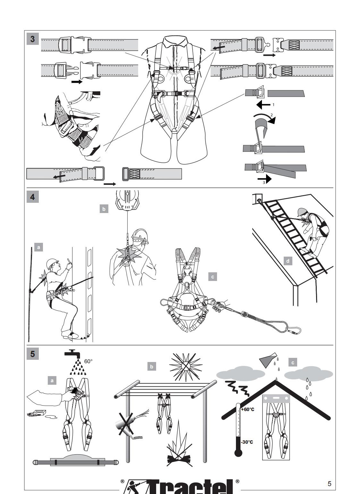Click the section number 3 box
point(33,39)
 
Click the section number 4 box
point(33,196)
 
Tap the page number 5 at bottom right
point(330,483)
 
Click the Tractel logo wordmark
point(180,487)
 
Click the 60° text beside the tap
point(88,361)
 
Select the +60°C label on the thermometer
point(247,410)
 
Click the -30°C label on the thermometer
point(247,442)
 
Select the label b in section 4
point(104,209)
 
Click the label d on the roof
point(288,261)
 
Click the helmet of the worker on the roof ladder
point(302,212)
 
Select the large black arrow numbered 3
point(264,178)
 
